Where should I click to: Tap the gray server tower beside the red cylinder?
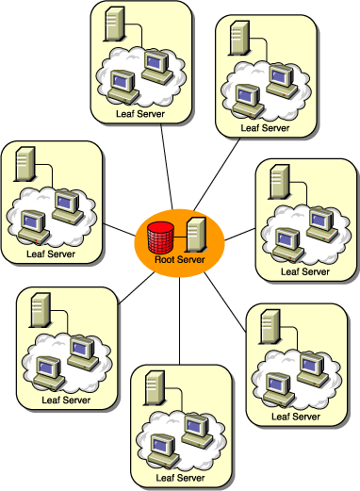pos(196,231)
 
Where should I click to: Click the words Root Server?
pos(179,259)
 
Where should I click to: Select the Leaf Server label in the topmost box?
pos(138,114)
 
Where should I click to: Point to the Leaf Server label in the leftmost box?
pos(51,254)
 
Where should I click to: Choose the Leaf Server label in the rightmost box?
pos(306,272)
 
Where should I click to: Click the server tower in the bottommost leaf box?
pos(151,387)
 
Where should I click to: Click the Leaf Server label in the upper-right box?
pos(263,127)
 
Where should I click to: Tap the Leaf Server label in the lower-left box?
pos(65,400)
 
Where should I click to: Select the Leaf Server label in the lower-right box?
pos(294,416)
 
